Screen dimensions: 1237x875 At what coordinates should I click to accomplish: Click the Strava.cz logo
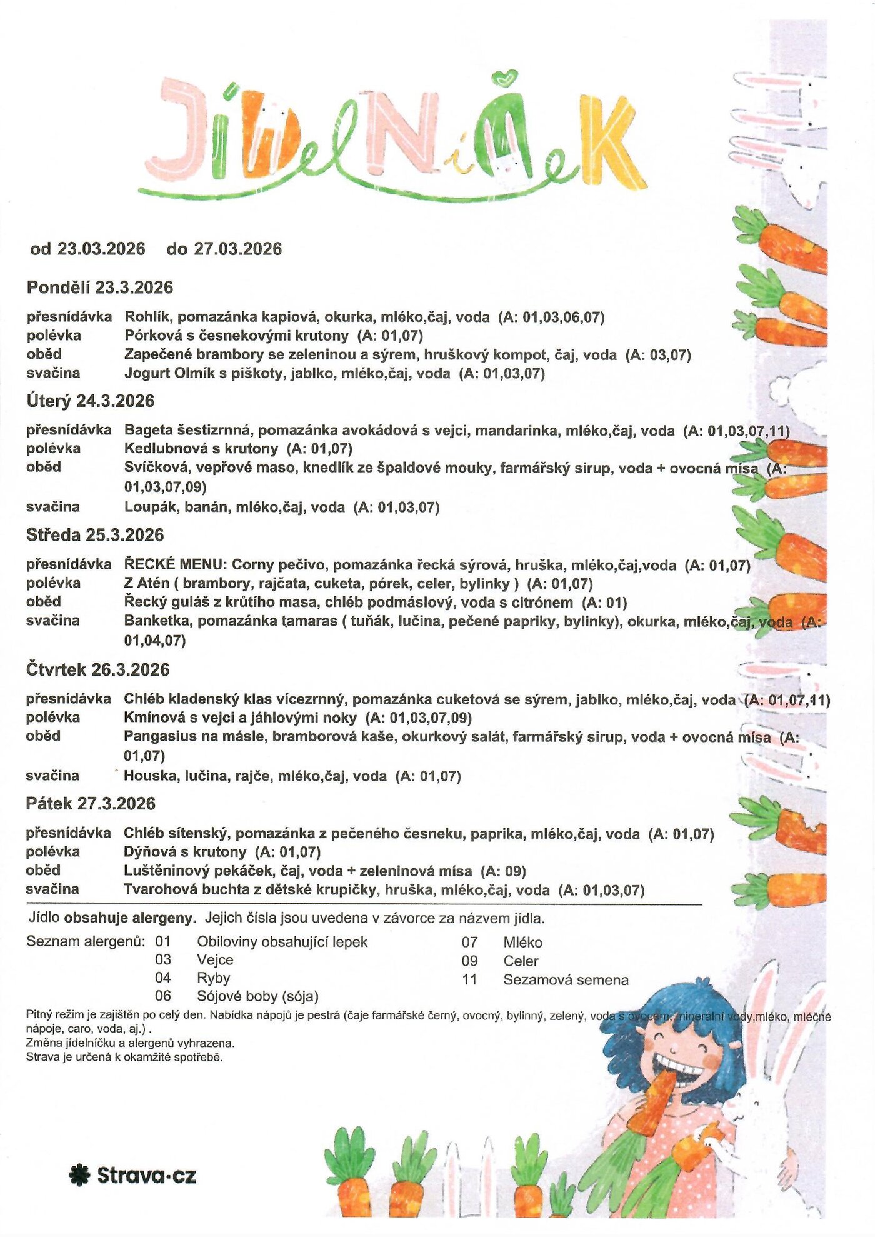click(132, 1175)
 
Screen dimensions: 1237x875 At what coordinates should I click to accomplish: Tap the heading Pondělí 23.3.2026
click(100, 288)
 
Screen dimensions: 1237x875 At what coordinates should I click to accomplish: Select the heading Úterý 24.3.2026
click(91, 401)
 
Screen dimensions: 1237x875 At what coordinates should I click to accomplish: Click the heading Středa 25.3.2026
click(95, 535)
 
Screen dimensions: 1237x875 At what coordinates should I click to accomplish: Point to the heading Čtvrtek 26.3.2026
click(98, 669)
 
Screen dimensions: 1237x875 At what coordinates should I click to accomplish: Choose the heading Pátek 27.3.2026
click(91, 803)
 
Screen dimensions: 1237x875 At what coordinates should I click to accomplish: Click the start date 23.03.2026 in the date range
click(101, 249)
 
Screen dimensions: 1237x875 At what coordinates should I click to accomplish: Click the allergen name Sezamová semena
click(566, 979)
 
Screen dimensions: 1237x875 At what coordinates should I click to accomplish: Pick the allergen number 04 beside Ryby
click(163, 978)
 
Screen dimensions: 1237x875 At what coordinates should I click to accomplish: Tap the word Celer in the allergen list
click(521, 961)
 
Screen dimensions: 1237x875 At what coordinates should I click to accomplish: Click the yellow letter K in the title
click(609, 141)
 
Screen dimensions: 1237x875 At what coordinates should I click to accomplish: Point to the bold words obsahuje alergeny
click(130, 918)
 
